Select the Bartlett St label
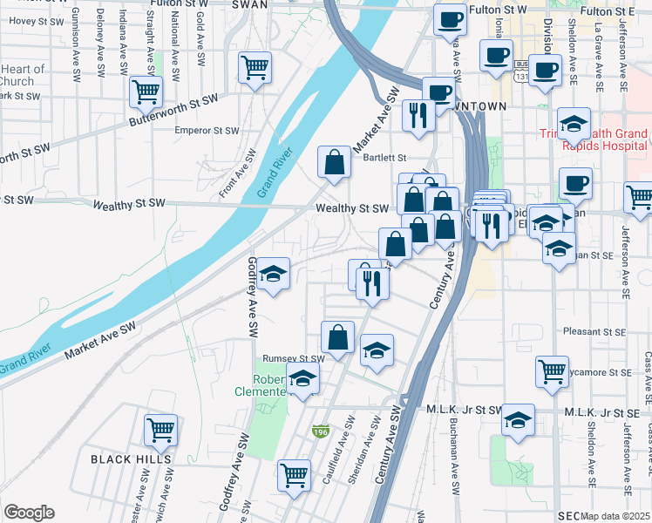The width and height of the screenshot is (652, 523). click(x=386, y=158)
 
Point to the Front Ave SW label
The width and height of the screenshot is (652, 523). click(x=237, y=172)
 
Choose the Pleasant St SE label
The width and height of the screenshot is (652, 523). click(x=595, y=332)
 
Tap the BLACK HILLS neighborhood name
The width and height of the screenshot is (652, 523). click(x=131, y=458)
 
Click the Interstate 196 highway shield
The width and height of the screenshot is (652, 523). click(x=321, y=431)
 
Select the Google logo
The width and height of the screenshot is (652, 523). click(x=29, y=513)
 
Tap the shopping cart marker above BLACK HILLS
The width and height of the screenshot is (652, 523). click(x=161, y=429)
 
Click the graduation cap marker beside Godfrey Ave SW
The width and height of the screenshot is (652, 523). click(x=273, y=275)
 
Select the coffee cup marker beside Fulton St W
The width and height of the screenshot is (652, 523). click(x=450, y=19)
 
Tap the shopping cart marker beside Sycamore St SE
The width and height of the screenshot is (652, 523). click(x=553, y=371)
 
